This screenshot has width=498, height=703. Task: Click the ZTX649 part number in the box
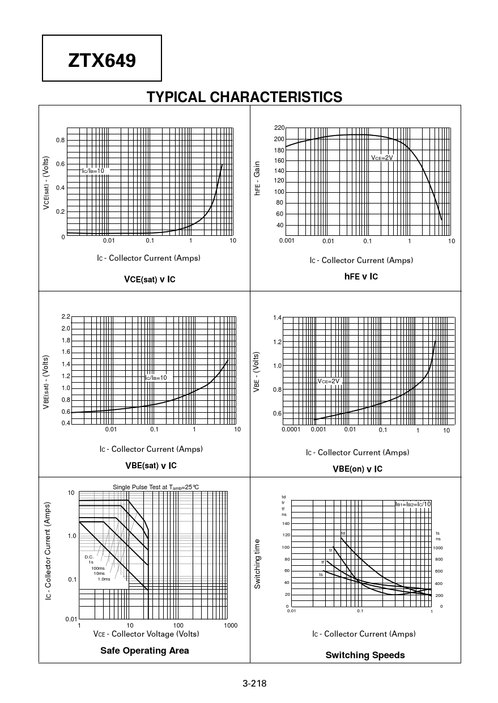[x=102, y=59]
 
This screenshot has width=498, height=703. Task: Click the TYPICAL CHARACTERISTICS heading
[x=244, y=98]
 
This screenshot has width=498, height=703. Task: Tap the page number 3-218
[x=254, y=683]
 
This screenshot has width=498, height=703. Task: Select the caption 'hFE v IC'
[x=361, y=277]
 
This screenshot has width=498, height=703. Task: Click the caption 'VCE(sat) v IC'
[x=150, y=279]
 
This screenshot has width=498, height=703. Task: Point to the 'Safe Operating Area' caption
[x=144, y=650]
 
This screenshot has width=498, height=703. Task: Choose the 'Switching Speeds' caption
[x=365, y=655]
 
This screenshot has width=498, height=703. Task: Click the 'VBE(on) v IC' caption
[x=357, y=469]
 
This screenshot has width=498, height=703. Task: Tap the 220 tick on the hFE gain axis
[x=279, y=128]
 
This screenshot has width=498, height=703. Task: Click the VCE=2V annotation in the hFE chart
[x=382, y=158]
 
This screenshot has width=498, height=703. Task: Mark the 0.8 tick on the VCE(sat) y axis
[x=60, y=140]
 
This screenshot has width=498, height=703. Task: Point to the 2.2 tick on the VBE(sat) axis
[x=66, y=316]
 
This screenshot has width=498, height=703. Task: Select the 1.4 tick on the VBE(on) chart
[x=277, y=318]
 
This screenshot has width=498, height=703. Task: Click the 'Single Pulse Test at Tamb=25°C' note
[x=156, y=487]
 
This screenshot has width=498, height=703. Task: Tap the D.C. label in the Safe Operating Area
[x=89, y=557]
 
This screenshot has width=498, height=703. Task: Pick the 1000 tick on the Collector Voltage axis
[x=230, y=625]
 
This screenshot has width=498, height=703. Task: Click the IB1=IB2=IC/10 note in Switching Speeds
[x=413, y=504]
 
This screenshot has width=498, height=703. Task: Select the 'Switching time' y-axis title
[x=257, y=564]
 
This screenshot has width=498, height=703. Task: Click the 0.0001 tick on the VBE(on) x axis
[x=291, y=430]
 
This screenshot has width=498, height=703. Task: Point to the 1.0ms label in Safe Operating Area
[x=104, y=579]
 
